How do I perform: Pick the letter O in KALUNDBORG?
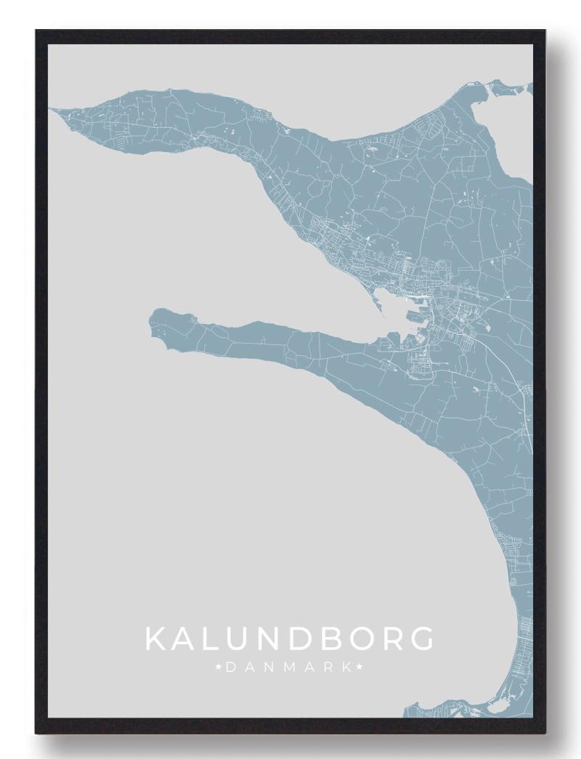tap(356, 639)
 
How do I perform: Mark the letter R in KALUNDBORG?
tap(388, 639)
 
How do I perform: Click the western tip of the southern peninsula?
tap(152, 317)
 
